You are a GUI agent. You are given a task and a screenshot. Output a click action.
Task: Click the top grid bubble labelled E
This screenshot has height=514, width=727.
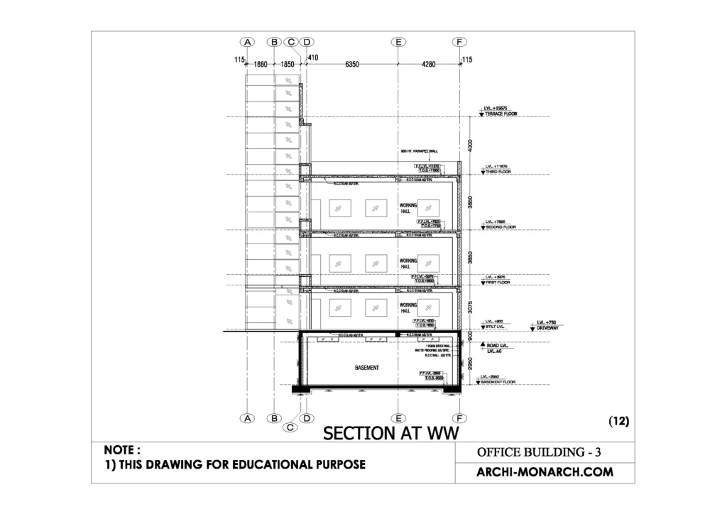[x=398, y=42]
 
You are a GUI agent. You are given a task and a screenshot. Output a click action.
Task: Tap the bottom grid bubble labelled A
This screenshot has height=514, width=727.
[x=247, y=419]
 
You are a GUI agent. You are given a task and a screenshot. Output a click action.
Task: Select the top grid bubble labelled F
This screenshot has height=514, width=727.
[x=460, y=42]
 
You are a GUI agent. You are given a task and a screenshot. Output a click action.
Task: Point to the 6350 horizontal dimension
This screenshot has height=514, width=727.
[x=352, y=64]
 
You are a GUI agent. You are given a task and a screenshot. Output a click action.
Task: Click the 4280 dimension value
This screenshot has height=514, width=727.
[x=429, y=64]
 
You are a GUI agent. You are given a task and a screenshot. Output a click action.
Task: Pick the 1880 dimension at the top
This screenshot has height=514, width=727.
[x=261, y=64]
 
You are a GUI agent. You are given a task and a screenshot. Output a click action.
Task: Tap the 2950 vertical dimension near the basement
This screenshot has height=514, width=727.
[x=470, y=364]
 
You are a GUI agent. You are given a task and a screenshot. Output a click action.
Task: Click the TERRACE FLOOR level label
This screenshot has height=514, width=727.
[x=501, y=114]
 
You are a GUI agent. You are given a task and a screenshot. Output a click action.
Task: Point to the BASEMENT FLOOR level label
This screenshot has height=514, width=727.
[x=503, y=382]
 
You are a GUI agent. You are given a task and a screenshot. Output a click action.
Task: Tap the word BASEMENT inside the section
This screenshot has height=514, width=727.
[x=367, y=368]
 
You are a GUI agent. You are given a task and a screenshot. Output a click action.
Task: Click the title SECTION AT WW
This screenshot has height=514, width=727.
[x=388, y=432]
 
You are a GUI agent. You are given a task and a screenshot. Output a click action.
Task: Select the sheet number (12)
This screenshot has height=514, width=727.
[x=619, y=421]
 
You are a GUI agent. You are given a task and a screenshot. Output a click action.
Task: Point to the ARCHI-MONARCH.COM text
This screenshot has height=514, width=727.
[x=544, y=471]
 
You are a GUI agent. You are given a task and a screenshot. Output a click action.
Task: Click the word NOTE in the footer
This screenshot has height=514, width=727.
[x=122, y=450]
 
